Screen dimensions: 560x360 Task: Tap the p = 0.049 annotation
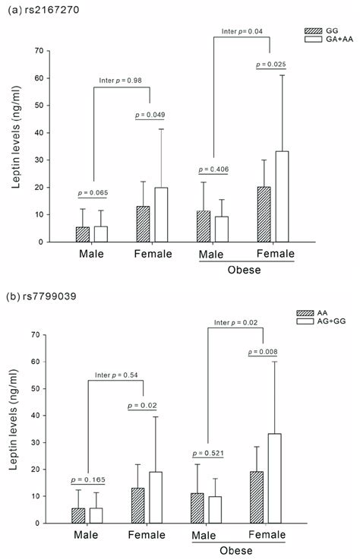tap(149, 115)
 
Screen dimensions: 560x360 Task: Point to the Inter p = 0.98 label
tap(121, 81)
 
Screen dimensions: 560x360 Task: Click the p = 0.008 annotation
tap(269, 351)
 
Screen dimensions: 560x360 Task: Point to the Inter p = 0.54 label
tap(115, 374)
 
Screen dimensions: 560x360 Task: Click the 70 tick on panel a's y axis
tap(38, 51)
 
